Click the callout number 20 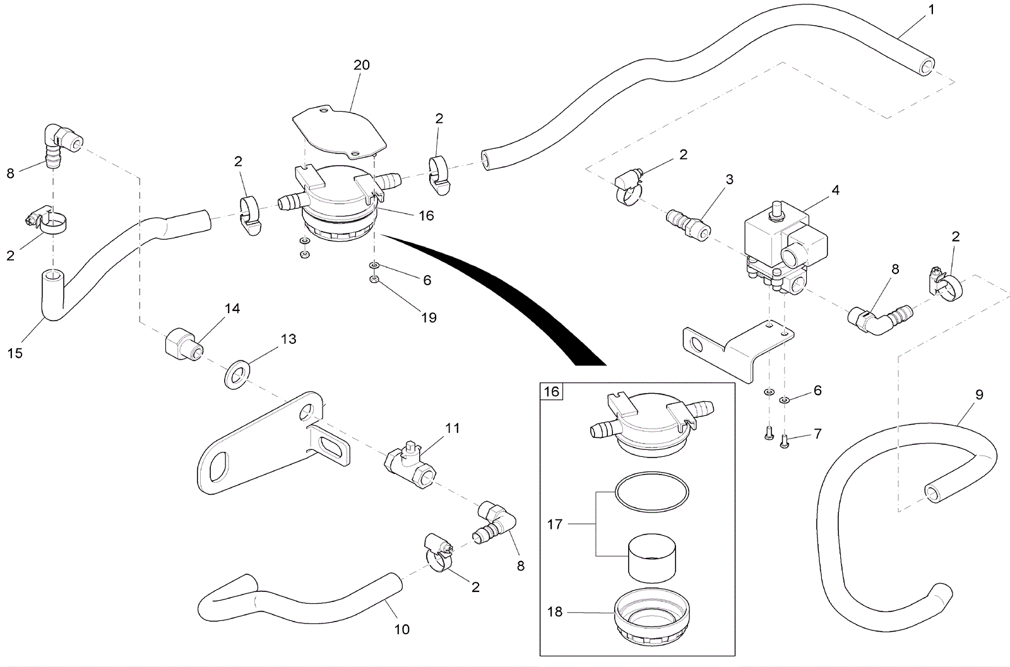pyautogui.click(x=362, y=65)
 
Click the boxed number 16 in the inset pyautogui.click(x=552, y=392)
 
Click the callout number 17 pyautogui.click(x=555, y=524)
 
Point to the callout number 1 pyautogui.click(x=930, y=10)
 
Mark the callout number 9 pyautogui.click(x=979, y=395)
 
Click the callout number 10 pyautogui.click(x=402, y=629)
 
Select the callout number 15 pyautogui.click(x=15, y=353)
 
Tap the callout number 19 pyautogui.click(x=429, y=317)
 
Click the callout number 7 pyautogui.click(x=817, y=435)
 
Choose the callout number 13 pyautogui.click(x=288, y=339)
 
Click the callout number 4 pyautogui.click(x=835, y=189)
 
